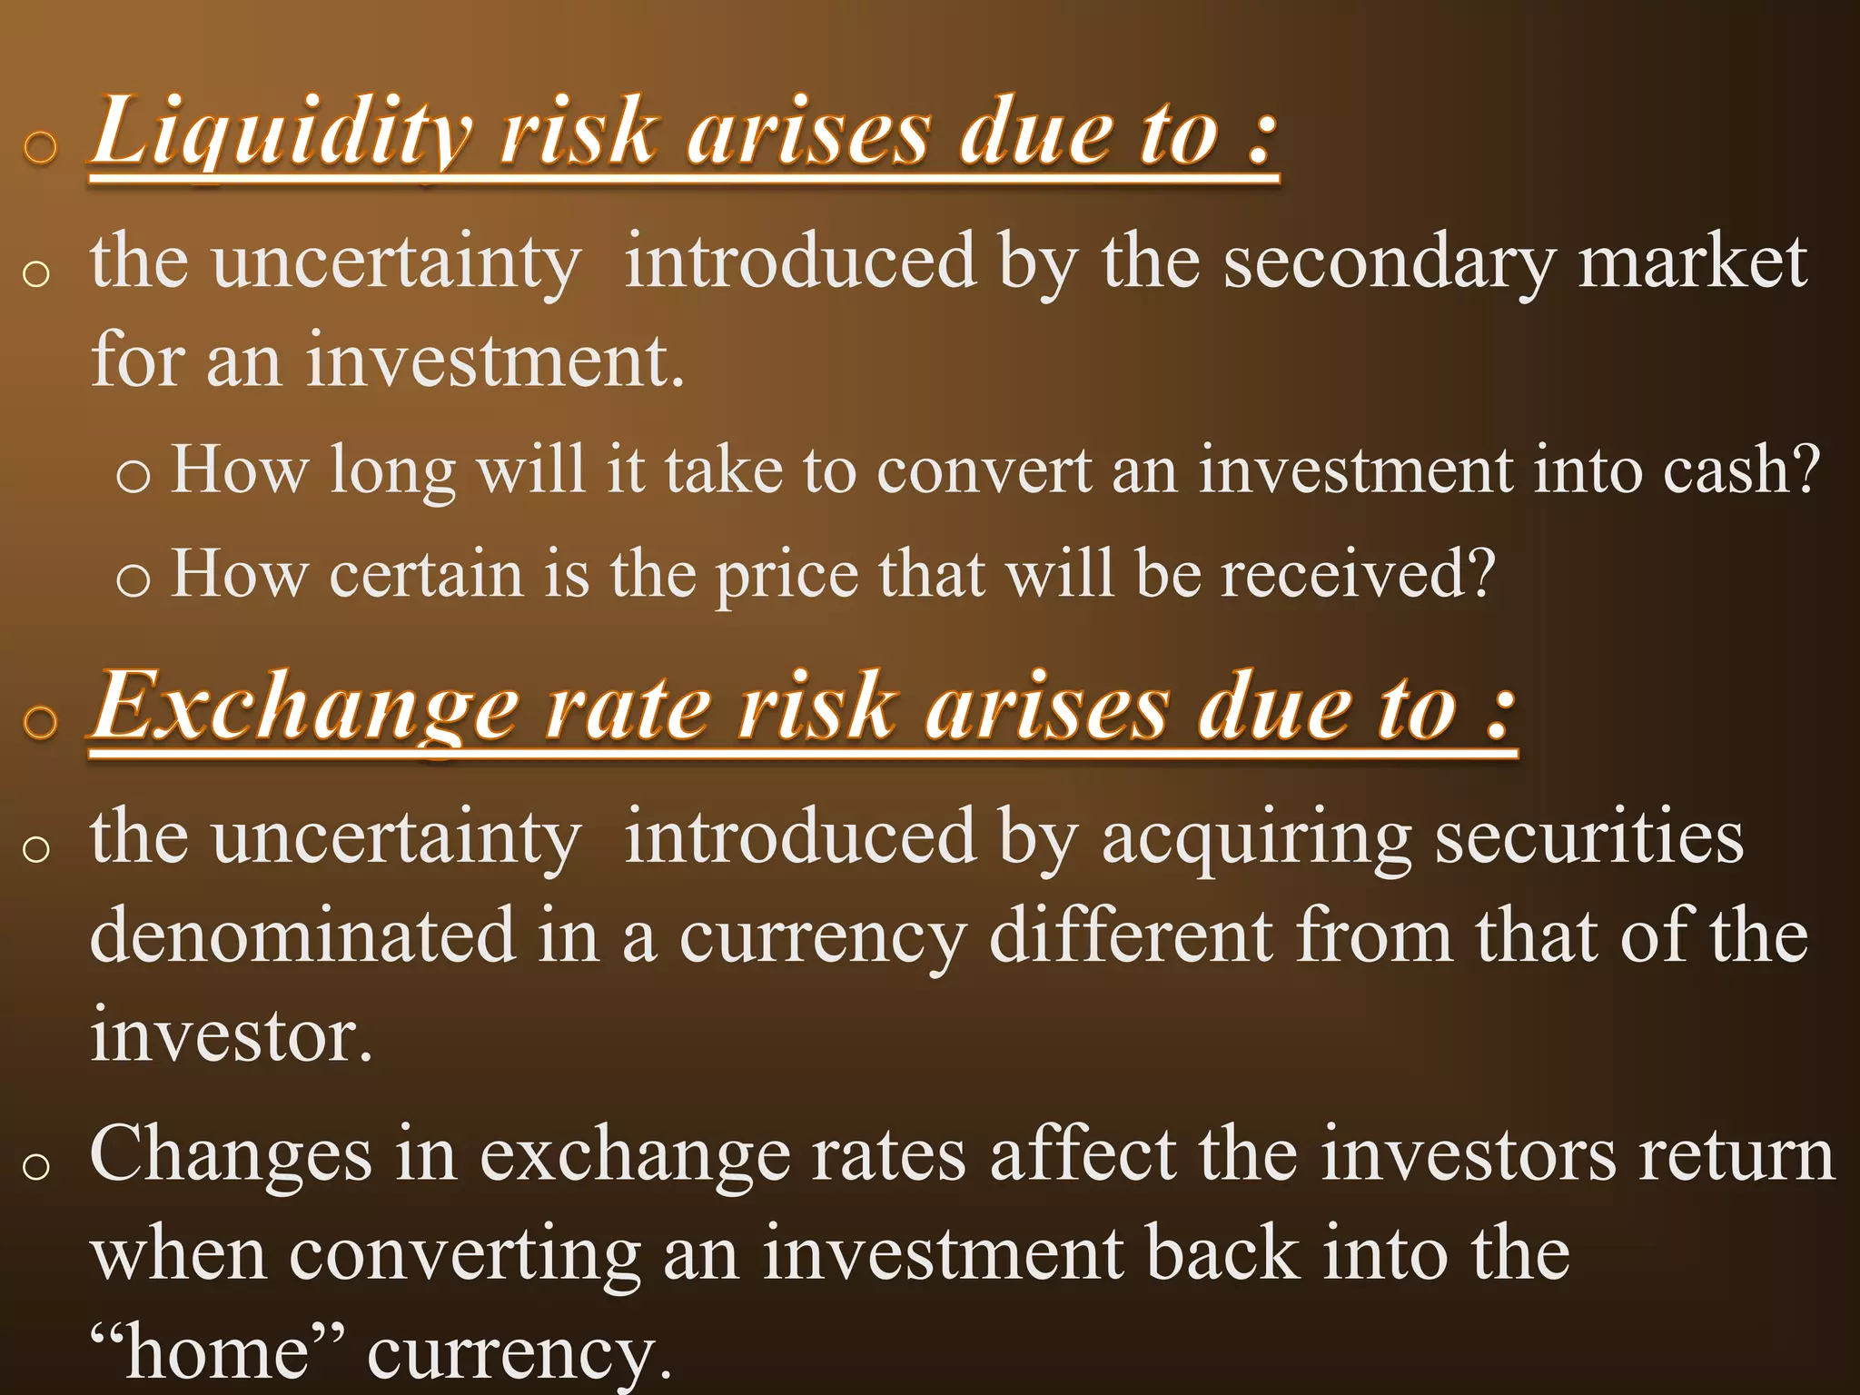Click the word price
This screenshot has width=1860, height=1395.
[x=786, y=576]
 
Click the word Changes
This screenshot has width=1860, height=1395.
[x=231, y=1155]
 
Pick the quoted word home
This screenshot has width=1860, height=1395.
[x=217, y=1351]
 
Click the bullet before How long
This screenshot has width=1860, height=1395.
[x=133, y=474]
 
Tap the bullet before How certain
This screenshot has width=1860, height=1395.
[x=133, y=579]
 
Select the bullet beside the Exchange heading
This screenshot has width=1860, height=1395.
[x=40, y=722]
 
